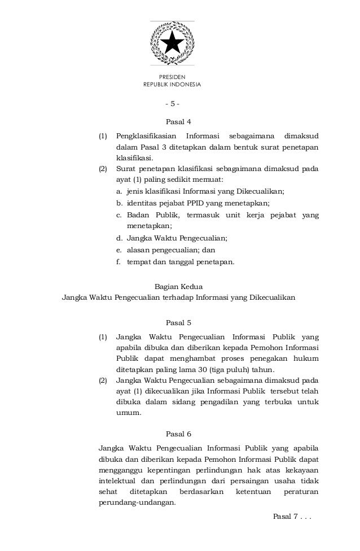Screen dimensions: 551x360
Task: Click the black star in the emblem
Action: click(172, 42)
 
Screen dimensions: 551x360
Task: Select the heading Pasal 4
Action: click(178, 121)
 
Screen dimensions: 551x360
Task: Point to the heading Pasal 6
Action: click(178, 434)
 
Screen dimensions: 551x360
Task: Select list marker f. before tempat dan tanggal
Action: click(119, 261)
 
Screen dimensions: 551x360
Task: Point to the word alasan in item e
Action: click(138, 250)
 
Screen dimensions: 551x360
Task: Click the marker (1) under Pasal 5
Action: click(103, 338)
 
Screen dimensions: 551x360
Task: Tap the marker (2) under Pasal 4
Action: click(103, 168)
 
